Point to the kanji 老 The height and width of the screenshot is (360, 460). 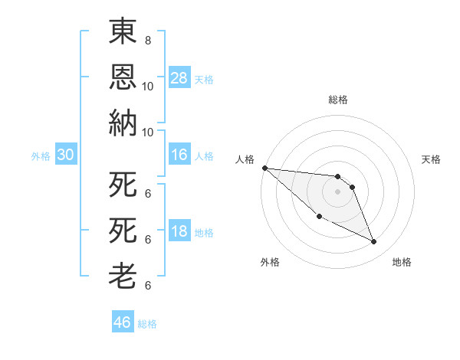[123, 277]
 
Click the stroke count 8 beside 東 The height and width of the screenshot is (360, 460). [147, 40]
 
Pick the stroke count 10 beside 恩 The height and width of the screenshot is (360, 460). [147, 86]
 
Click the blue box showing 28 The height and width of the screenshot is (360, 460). [179, 78]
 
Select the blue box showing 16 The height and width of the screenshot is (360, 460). [179, 155]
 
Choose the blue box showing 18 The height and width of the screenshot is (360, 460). [179, 232]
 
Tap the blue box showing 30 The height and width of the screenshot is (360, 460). [65, 155]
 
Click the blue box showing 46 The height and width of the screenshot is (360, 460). [123, 322]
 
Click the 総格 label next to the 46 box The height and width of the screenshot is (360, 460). [147, 324]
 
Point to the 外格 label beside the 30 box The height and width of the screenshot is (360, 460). [41, 156]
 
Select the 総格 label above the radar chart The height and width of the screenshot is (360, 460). [338, 100]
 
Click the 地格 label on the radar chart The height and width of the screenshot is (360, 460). [402, 262]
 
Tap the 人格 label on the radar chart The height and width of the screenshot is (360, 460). [245, 159]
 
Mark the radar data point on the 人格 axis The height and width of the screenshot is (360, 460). [264, 168]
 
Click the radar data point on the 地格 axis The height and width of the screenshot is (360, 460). [374, 242]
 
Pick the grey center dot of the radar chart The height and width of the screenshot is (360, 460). [337, 191]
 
